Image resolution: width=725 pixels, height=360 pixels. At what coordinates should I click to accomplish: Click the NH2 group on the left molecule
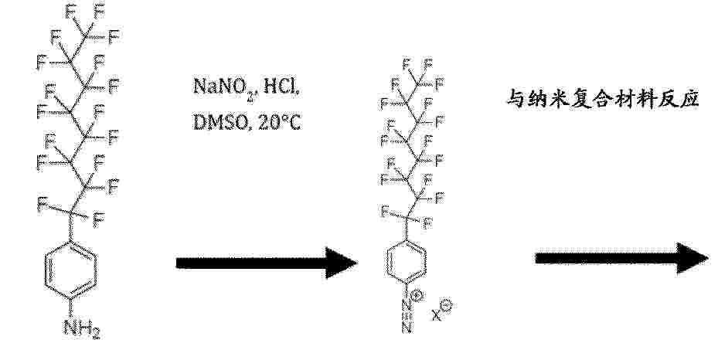coord(82,328)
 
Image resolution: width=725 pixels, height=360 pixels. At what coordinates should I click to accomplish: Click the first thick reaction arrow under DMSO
coord(267,263)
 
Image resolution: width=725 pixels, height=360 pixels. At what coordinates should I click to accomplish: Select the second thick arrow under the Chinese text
coord(621,258)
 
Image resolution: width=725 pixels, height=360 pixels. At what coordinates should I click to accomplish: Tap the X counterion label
coord(437,314)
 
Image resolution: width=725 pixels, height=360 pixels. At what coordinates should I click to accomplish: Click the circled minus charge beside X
coord(447,305)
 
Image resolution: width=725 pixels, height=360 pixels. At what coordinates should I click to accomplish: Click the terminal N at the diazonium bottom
coord(407,328)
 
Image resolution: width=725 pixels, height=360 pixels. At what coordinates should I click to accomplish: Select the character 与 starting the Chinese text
coord(516,98)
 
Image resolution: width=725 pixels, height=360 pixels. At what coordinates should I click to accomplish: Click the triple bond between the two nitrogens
coord(407,316)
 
